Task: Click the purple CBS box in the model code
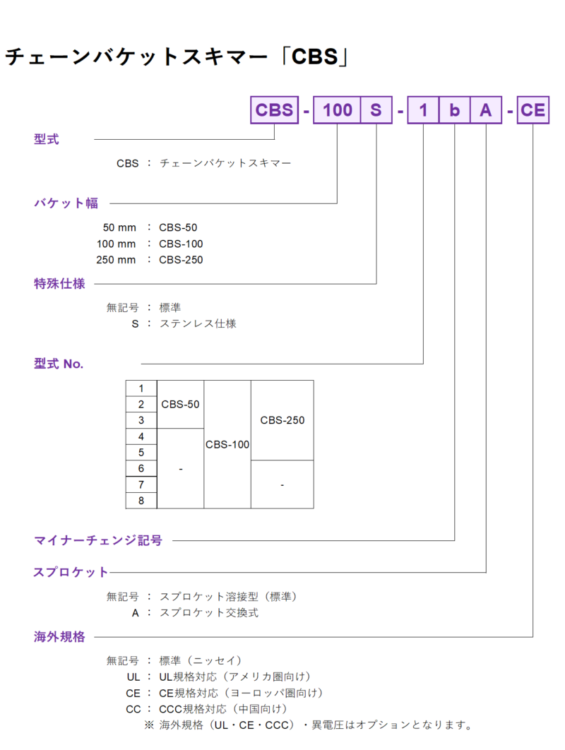pos(274,110)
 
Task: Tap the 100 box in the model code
pos(337,110)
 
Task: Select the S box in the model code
pos(376,110)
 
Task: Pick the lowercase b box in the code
pos(455,110)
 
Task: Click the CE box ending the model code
pos(533,110)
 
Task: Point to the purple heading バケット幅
pos(66,203)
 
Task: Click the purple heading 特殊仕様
pos(59,284)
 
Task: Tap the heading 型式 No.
pos(59,364)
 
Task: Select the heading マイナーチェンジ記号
pos(98,540)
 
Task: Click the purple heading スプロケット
pos(71,572)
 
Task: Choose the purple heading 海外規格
pos(59,636)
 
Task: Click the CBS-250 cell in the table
pos(282,420)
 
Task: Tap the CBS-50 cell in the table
pos(180,404)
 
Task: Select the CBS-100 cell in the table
pos(227,444)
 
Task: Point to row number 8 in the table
pos(141,500)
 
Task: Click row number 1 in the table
pos(141,388)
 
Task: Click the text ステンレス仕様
pos(198,324)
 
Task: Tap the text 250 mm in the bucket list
pos(116,260)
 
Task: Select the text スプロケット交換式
pos(208,613)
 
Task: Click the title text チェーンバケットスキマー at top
pos(136,56)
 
